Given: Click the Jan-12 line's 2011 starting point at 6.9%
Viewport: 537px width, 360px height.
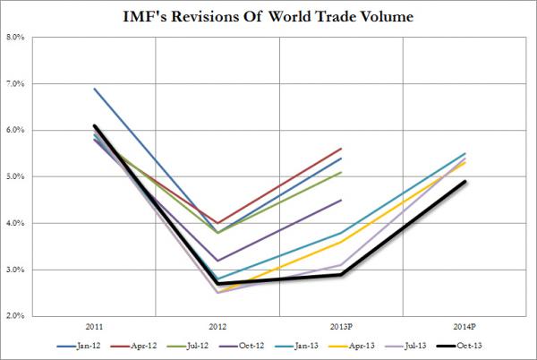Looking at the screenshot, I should click(x=94, y=89).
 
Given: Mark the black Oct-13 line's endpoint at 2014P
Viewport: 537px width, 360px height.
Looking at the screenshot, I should click(x=465, y=182).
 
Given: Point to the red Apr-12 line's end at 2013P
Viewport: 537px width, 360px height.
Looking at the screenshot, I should click(x=341, y=149).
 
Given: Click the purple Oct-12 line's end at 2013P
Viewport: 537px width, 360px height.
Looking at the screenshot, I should click(x=341, y=200).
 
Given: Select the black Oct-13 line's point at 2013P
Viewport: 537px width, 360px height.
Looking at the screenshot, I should click(x=341, y=274).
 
